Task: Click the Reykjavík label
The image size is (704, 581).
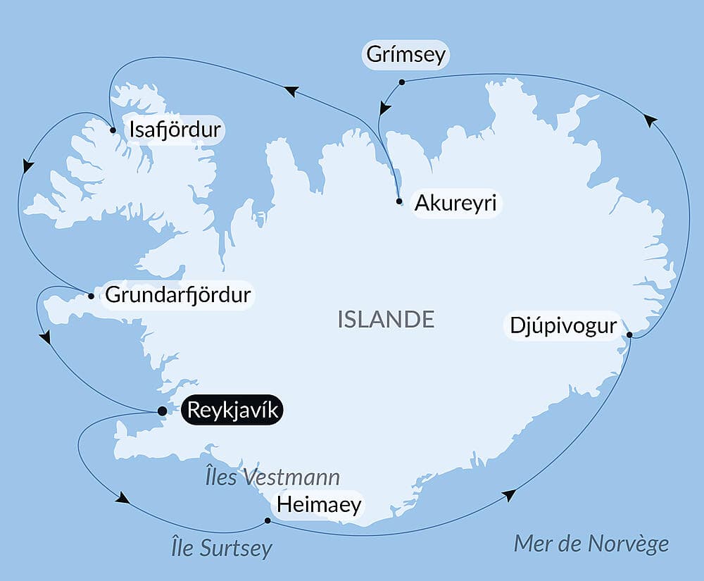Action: pos(232,410)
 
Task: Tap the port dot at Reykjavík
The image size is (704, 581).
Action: pos(162,411)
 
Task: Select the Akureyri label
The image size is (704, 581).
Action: pos(455,204)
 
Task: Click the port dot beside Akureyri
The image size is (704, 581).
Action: pos(399,201)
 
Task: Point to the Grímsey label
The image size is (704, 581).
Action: pos(406,55)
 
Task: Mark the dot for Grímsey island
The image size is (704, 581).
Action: pos(401,82)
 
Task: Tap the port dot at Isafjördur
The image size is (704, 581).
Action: pos(113,130)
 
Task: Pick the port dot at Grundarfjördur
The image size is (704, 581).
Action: pos(91,296)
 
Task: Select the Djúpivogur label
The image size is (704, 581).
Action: pos(562,327)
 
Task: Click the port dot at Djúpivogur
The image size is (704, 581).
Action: pos(629,335)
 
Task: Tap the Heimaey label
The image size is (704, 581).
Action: pos(319,504)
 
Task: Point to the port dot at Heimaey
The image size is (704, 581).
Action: pos(268,521)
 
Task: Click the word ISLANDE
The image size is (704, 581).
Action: pos(386,320)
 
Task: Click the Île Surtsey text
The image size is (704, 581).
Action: pos(222,548)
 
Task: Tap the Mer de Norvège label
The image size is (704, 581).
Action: pos(591,544)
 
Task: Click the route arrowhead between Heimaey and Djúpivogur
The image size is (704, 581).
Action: pos(509,495)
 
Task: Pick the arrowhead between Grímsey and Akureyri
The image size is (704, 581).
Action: pos(384,108)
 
